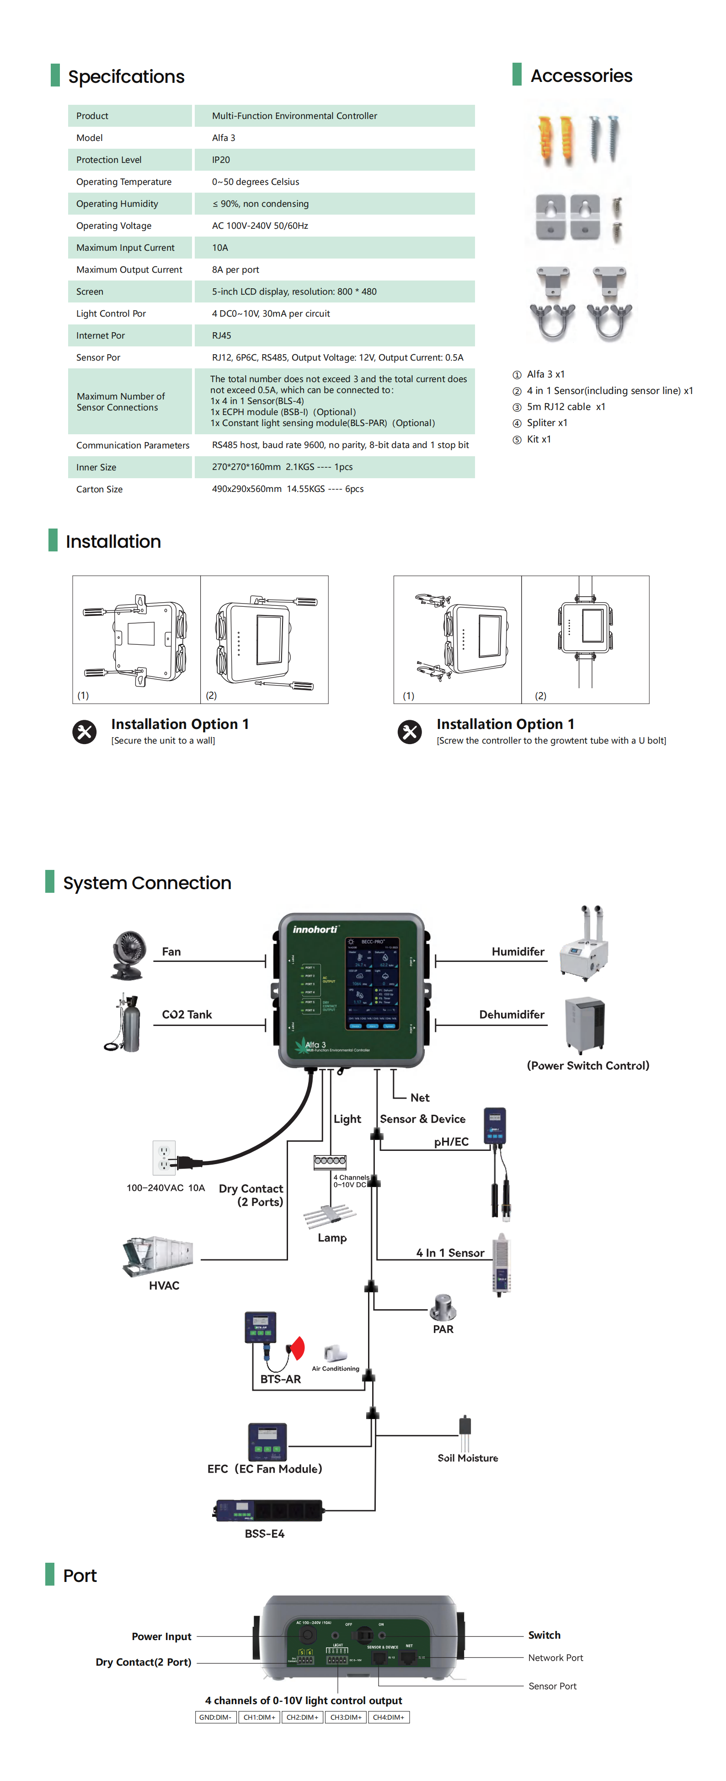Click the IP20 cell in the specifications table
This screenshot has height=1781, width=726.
[221, 160]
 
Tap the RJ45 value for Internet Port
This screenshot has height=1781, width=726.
[222, 335]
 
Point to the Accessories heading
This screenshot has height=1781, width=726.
[581, 76]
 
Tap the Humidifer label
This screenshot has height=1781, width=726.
[518, 951]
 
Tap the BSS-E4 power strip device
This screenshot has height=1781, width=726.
[269, 1510]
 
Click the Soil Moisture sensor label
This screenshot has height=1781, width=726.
[468, 1457]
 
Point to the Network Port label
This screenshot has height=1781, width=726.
[555, 1657]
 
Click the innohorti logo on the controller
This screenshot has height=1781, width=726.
[315, 929]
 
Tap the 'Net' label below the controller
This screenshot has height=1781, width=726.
[419, 1097]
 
